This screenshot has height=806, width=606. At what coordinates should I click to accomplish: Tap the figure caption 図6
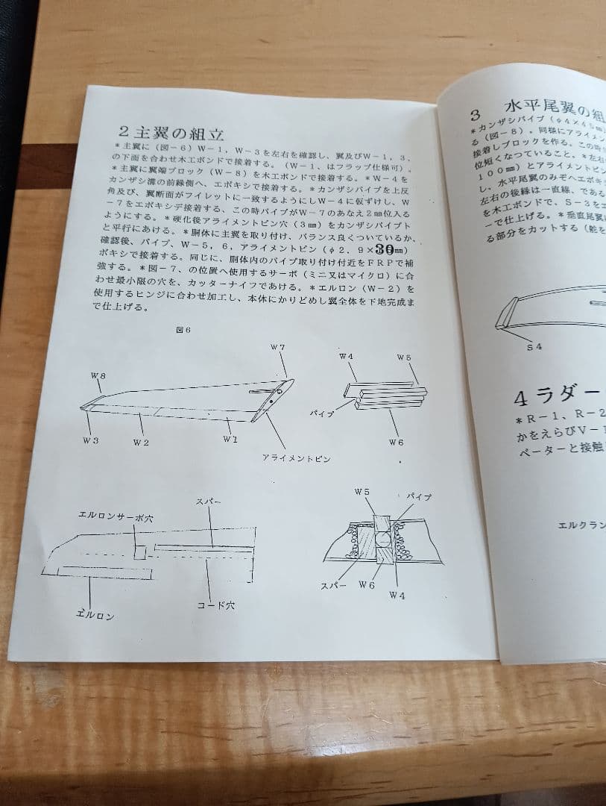[x=183, y=331]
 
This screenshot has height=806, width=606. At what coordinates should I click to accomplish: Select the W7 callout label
[x=277, y=349]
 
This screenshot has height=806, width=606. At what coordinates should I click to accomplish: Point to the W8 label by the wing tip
[x=98, y=376]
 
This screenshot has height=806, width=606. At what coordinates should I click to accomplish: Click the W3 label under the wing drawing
[x=91, y=441]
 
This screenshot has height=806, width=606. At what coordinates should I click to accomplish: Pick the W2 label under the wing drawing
[x=141, y=443]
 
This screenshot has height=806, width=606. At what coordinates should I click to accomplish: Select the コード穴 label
[x=215, y=606]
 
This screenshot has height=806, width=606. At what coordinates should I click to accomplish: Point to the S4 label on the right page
[x=534, y=346]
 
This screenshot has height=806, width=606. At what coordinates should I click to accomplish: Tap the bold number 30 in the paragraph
[x=385, y=249]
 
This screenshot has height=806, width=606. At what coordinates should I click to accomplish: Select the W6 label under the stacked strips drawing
[x=396, y=442]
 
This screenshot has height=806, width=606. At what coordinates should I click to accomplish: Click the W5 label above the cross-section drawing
[x=362, y=492]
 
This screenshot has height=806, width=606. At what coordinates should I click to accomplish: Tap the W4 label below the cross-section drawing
[x=397, y=596]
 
